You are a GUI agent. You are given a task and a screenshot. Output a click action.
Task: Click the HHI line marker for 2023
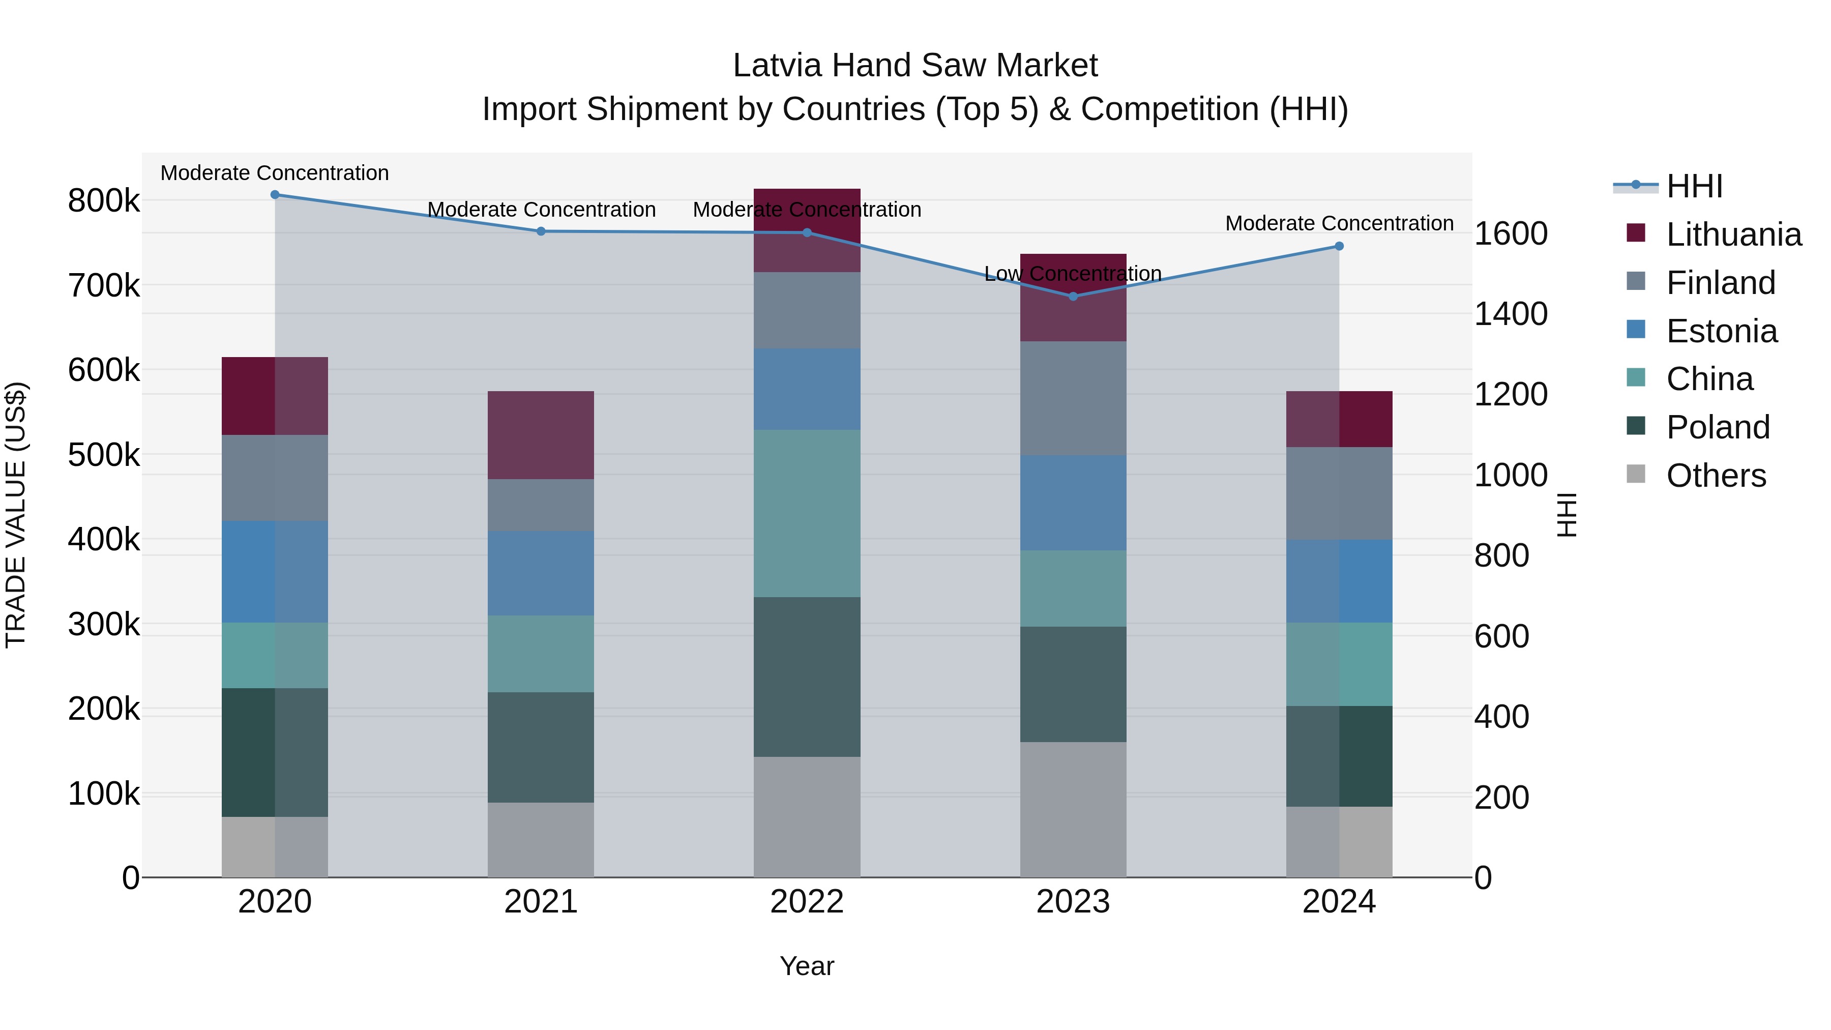[1073, 297]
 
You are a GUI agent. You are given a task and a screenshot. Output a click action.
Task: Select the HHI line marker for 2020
[275, 195]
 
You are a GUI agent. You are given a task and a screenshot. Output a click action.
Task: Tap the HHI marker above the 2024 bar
[1339, 247]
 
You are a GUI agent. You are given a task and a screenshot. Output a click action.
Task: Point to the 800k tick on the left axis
[104, 201]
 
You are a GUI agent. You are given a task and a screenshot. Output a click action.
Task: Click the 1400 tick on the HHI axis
[1511, 314]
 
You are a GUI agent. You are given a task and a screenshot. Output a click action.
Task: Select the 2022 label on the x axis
[807, 902]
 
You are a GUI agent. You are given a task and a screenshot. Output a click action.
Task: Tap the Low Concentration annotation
[1073, 274]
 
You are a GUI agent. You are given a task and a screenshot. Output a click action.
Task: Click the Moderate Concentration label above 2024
[1339, 223]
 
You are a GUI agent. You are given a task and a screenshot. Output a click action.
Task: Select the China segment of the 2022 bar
[807, 513]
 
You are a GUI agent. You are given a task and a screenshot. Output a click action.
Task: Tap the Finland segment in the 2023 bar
[1073, 398]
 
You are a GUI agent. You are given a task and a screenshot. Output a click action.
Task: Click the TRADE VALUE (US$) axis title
[16, 515]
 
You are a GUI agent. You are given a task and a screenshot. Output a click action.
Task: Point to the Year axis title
[807, 966]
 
